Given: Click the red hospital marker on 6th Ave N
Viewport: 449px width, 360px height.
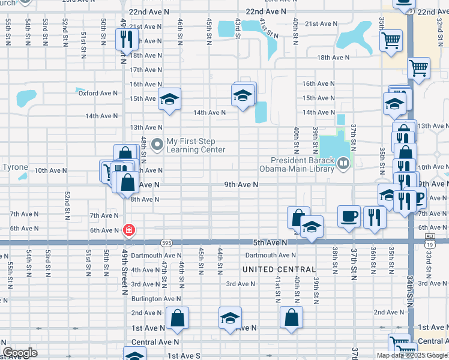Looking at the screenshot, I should [128, 230].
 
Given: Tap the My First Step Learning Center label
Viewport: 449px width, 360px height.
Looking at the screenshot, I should [196, 146].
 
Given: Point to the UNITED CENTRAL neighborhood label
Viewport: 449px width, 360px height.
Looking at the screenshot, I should [279, 270].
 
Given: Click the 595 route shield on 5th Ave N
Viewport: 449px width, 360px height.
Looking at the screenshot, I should [167, 242].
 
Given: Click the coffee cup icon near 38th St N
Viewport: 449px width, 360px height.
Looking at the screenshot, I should [348, 217].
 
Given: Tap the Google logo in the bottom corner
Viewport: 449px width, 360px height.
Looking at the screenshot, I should [20, 353].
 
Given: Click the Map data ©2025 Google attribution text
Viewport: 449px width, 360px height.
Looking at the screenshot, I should [412, 355].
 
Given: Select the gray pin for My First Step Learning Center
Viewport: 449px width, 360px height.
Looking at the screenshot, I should [158, 144].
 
